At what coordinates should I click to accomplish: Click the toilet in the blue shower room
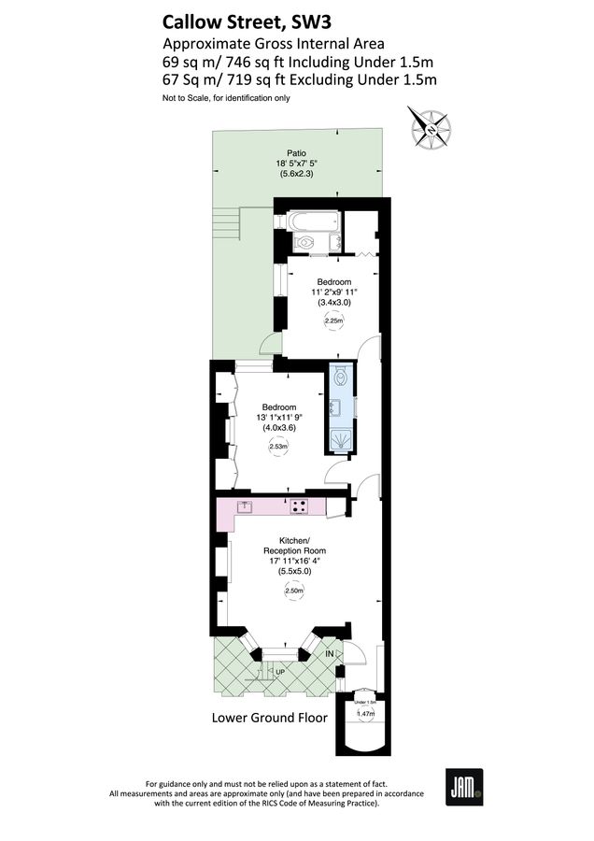pos(341,379)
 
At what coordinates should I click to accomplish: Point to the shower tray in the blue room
pos(341,440)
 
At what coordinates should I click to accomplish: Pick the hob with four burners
pos(300,507)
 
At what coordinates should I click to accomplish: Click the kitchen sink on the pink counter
pos(246,506)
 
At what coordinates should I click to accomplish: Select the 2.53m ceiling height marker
pos(277,447)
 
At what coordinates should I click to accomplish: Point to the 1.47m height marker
pos(366,714)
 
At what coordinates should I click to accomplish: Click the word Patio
pos(296,153)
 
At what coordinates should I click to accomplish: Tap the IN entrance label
pos(330,655)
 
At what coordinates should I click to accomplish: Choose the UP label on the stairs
pos(279,672)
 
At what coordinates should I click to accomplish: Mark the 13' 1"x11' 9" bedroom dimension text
pos(279,418)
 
